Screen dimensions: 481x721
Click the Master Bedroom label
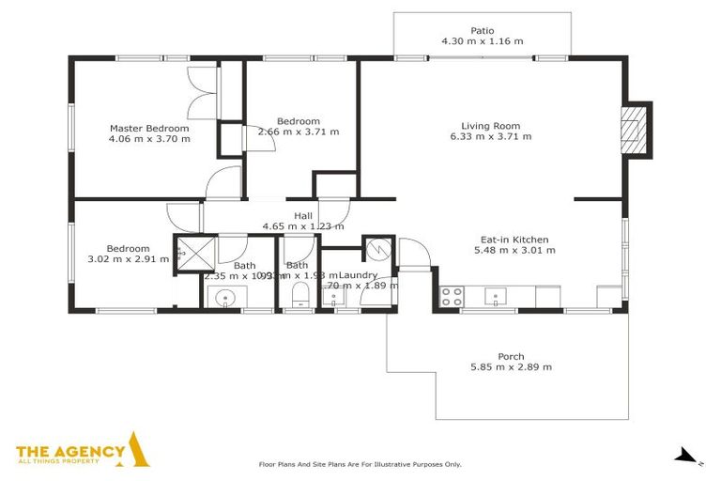[x=149, y=129]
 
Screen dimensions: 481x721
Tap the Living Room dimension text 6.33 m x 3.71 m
[x=490, y=137]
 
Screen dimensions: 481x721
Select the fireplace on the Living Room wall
[x=637, y=129]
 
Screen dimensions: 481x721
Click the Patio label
[x=482, y=30]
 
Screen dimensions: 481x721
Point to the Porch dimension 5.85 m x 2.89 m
[x=511, y=367]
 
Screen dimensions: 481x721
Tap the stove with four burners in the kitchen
[x=452, y=297]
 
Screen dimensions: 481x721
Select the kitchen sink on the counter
[x=494, y=298]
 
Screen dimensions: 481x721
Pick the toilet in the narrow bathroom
[x=298, y=298]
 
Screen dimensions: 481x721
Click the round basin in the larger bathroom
[x=225, y=299]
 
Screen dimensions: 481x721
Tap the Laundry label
[x=359, y=274]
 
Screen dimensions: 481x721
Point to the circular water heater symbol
[x=378, y=249]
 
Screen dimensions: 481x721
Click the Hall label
[x=302, y=215]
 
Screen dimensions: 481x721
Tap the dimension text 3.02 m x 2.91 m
[x=126, y=259]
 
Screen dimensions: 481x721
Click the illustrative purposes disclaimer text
[x=360, y=464]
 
